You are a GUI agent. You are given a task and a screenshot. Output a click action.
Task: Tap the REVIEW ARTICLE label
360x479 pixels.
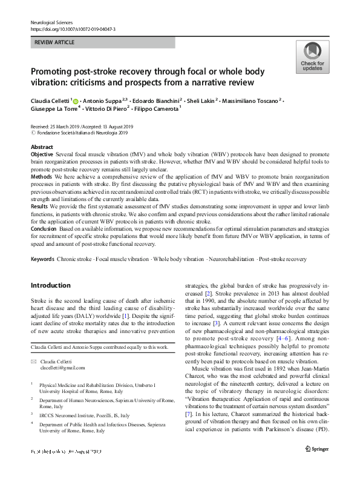pyautogui.click(x=54, y=43)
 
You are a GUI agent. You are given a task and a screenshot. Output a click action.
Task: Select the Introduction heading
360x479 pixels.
pyautogui.click(x=50, y=285)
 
